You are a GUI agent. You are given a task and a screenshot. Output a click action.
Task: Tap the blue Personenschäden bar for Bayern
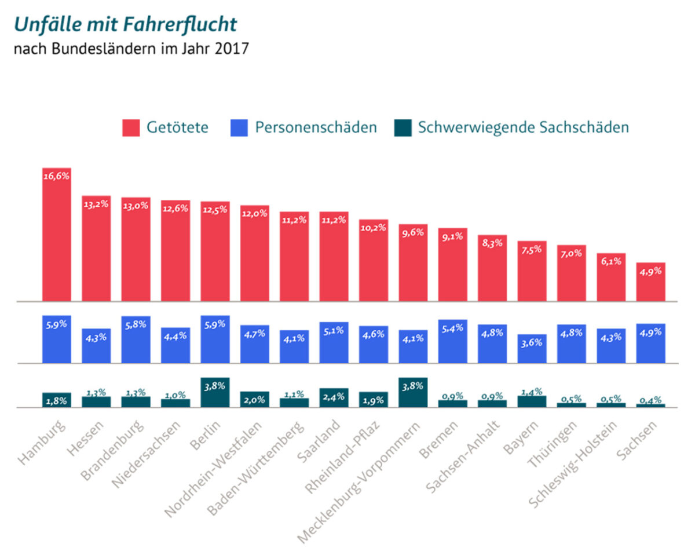532,351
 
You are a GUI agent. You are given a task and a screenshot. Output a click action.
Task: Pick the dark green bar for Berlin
215,394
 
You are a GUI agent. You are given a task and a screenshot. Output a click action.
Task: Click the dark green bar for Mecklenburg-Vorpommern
413,394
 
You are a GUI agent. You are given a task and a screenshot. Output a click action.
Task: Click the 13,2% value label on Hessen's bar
96,204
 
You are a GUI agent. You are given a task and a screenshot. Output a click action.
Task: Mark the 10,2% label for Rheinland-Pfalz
374,227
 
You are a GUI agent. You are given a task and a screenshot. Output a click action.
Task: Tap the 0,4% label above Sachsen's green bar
651,400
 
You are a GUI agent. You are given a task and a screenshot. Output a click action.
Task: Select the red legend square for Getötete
131,127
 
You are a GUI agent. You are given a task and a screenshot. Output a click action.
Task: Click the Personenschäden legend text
316,127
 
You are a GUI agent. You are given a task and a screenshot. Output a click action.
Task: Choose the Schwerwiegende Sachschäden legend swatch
402,127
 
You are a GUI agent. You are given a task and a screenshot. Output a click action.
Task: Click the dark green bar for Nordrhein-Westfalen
255,400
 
